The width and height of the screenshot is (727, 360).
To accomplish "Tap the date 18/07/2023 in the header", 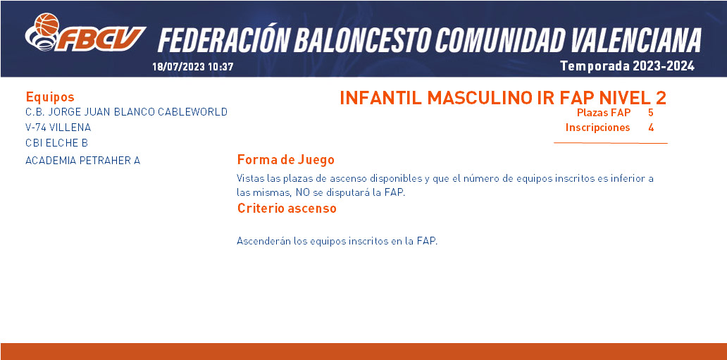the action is [178, 66].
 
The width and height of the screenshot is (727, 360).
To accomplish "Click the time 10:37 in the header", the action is [220, 66].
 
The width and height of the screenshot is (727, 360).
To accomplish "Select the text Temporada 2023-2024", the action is [627, 66].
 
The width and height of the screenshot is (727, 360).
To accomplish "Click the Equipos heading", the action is [50, 97].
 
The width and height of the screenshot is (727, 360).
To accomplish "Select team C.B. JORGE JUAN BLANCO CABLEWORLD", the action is [127, 112].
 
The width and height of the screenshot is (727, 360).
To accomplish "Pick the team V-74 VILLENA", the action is [58, 127].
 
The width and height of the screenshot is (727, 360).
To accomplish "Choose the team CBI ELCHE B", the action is [57, 142].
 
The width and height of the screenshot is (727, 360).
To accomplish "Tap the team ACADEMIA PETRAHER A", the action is [83, 161].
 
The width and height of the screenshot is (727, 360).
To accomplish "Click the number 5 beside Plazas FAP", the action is [651, 112].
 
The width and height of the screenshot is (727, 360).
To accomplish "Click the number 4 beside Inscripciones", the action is [651, 128].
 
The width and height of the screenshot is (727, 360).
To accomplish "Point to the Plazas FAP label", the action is [604, 112].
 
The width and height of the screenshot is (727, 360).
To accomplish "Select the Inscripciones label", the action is [597, 128].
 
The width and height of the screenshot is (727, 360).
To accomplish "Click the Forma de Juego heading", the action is [285, 160].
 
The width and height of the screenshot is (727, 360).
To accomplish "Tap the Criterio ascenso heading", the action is [287, 209].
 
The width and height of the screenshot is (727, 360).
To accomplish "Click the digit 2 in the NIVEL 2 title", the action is [661, 98].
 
